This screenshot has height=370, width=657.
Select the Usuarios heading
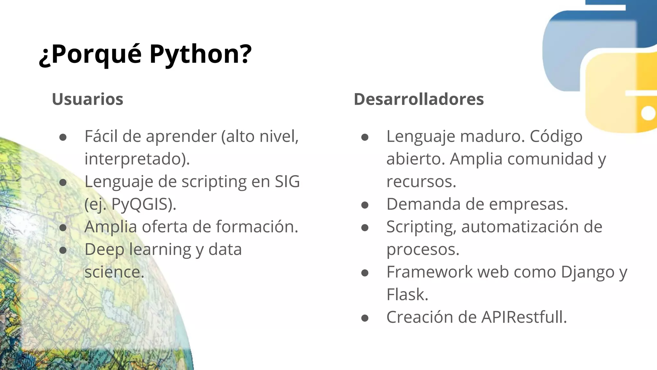[88, 99]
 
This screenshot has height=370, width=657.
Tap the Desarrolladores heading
[419, 99]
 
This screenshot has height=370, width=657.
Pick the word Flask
[407, 295]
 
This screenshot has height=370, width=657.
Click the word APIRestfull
[524, 317]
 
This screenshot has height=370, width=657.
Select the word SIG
[287, 182]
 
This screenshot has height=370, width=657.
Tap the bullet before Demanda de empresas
[364, 205]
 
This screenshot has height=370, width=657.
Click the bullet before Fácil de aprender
[63, 137]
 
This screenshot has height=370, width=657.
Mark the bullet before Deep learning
[63, 250]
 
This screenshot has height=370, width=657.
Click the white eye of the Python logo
[648, 113]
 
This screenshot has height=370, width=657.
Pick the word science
[114, 272]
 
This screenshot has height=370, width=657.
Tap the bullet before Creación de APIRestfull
[364, 318]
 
